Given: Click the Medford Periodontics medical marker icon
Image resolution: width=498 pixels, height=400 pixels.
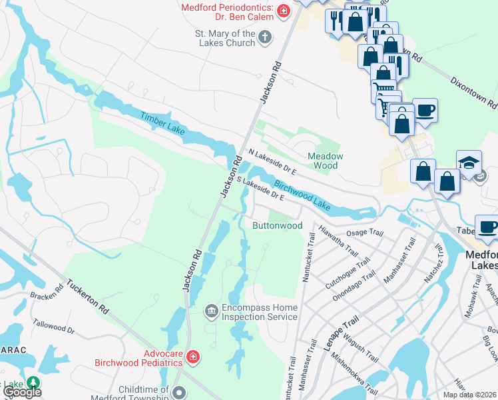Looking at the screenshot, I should (x=284, y=11).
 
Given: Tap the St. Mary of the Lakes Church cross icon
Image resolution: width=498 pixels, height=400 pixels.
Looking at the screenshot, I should (x=265, y=37).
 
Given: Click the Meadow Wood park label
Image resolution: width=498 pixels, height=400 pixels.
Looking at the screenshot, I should (x=325, y=160).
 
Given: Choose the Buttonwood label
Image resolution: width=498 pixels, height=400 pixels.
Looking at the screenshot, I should (x=278, y=225).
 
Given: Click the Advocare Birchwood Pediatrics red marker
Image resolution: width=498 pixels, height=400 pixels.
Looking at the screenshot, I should (x=192, y=357).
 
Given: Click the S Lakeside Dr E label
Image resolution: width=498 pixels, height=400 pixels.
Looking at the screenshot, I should (x=260, y=189).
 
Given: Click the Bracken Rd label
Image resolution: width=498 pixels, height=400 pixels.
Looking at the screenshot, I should (x=46, y=295).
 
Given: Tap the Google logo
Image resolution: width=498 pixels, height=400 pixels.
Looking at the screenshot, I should (x=21, y=392).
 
